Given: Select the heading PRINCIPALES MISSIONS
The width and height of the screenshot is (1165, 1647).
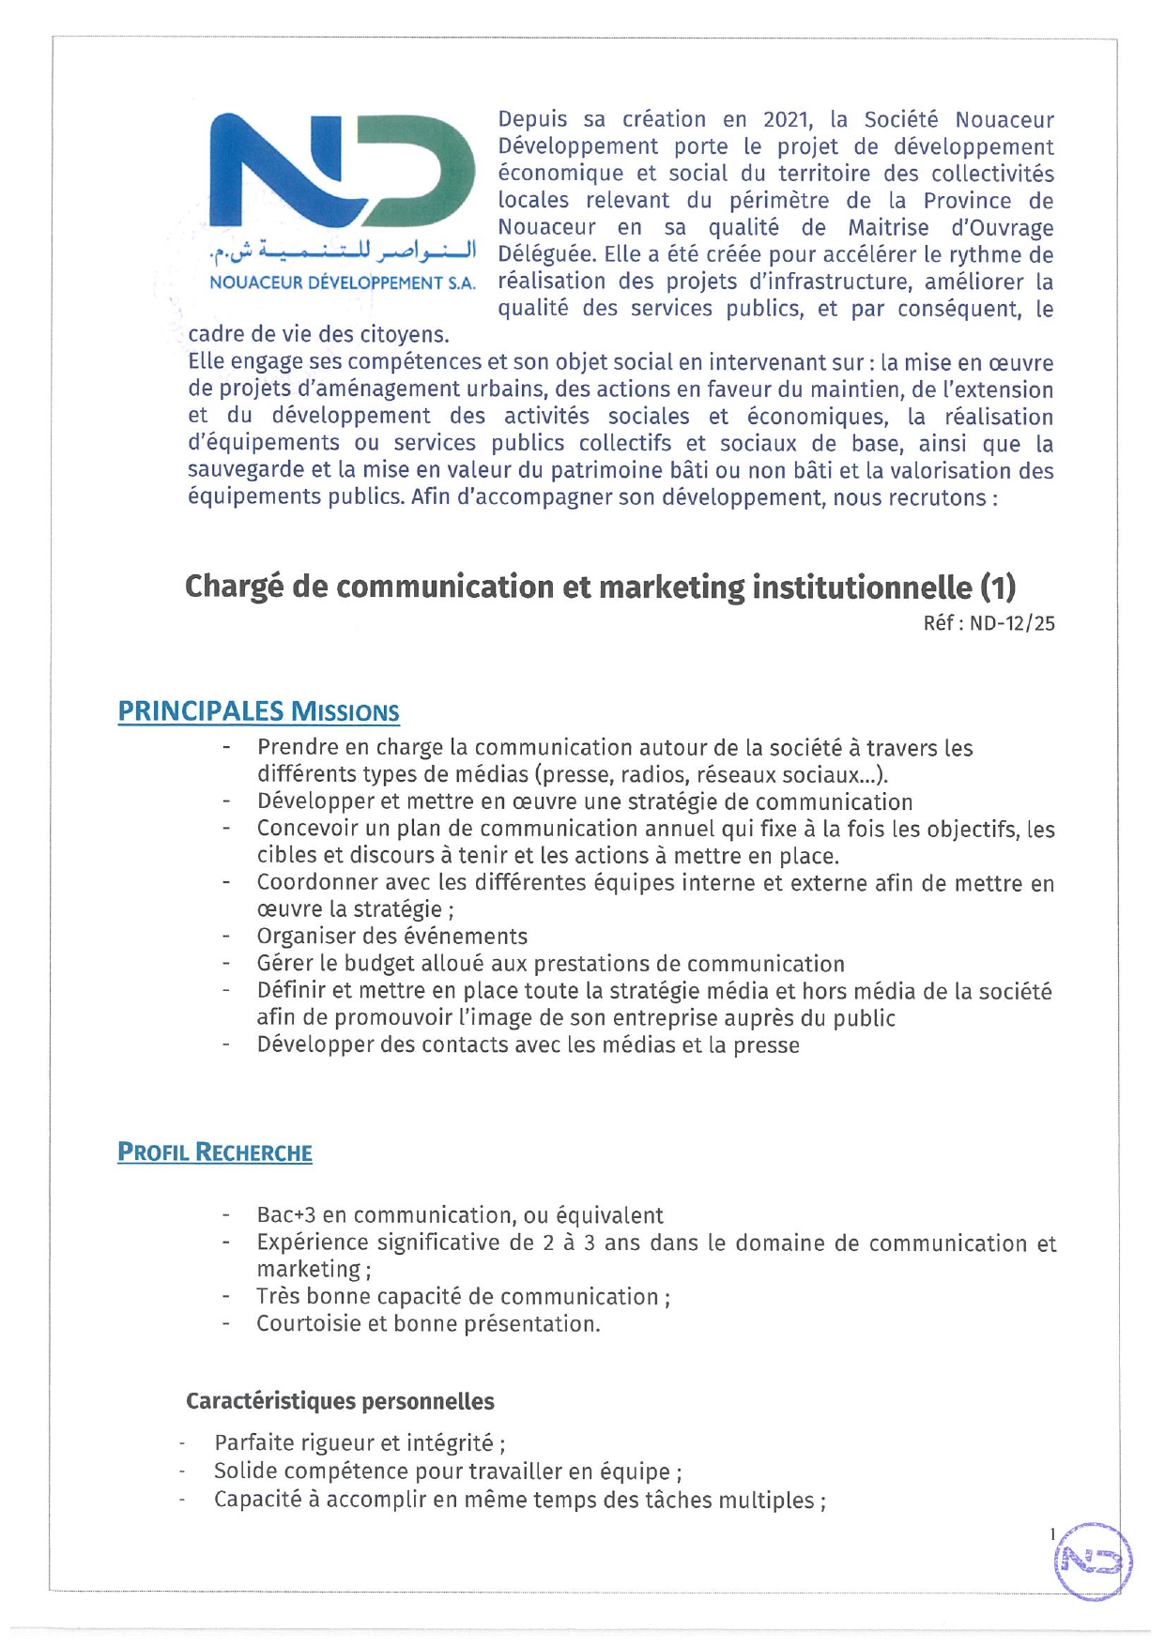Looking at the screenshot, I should click(258, 711).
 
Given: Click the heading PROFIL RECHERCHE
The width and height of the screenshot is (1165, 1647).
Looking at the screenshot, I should click(214, 1152).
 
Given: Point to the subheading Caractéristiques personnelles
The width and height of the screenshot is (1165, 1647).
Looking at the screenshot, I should click(340, 1401).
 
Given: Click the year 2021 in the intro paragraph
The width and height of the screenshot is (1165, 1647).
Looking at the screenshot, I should click(787, 120).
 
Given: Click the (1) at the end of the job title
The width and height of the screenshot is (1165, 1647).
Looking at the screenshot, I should click(997, 587).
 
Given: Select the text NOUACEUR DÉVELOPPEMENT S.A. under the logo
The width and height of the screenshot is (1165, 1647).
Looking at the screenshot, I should click(342, 282).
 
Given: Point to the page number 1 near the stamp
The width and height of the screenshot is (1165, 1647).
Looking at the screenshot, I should click(1052, 1534).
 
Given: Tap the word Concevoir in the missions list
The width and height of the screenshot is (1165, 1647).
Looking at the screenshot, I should click(304, 829).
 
